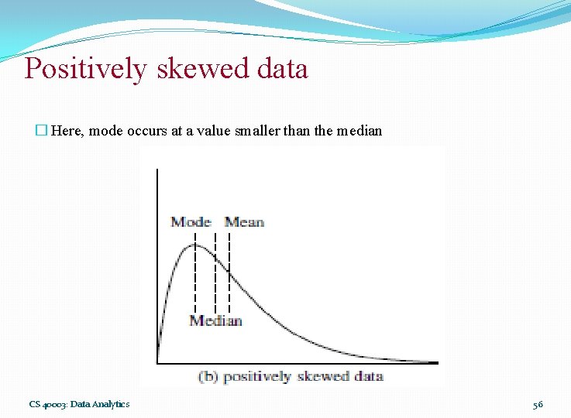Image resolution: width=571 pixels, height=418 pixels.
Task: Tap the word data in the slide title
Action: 284,69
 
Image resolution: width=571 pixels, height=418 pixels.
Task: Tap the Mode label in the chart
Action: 191,222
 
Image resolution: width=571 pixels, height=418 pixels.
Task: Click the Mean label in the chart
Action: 244,222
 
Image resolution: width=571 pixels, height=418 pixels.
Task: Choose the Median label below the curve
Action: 215,320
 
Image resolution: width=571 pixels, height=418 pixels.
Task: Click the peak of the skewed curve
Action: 194,245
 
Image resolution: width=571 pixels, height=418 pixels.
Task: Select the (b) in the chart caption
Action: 208,377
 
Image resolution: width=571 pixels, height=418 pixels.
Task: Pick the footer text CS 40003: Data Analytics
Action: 79,404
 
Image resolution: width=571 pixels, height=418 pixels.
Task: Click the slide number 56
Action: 538,404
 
